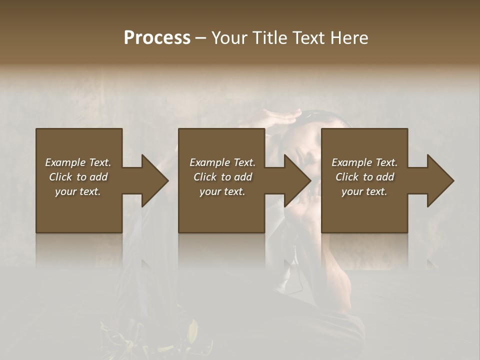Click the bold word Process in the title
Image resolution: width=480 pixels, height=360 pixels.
[x=157, y=38]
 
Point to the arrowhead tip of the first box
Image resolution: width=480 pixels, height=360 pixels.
[x=167, y=180]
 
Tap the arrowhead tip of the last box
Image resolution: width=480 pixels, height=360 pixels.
[x=453, y=180]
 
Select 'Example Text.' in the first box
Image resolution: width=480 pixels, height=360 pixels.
[x=78, y=162]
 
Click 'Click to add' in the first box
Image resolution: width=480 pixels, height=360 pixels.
[x=78, y=177]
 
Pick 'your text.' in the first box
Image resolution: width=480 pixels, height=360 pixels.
[x=78, y=191]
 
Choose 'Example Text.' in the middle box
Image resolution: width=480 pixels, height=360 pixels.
[x=222, y=162]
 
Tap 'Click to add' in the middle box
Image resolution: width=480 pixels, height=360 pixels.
[x=222, y=177]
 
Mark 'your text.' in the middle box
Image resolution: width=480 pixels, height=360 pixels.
[x=222, y=191]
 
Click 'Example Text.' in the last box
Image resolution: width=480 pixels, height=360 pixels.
[x=364, y=162]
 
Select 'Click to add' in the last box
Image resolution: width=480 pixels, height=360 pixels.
[x=364, y=177]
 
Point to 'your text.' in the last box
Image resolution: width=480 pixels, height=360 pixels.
[x=364, y=191]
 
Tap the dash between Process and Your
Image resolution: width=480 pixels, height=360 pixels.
[x=200, y=38]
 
